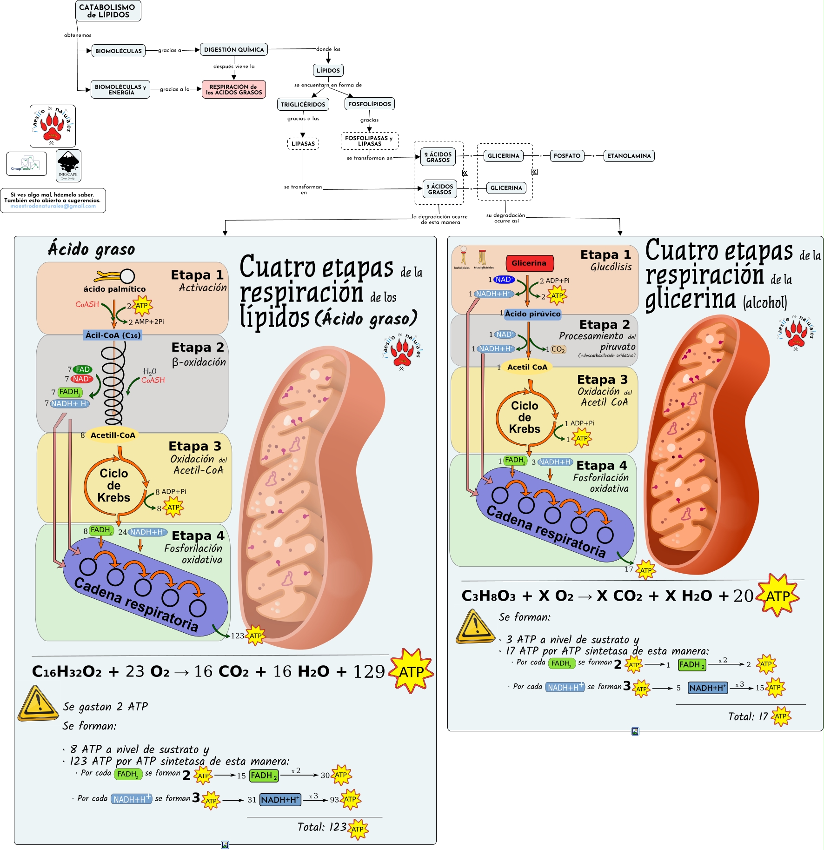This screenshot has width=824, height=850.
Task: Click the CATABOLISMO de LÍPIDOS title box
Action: pos(108,11)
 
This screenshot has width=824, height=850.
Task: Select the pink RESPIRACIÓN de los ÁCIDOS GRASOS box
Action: pos(233,89)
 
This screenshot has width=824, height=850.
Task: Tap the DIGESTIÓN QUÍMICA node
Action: pos(233,49)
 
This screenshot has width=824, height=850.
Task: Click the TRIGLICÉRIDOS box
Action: pos(303,104)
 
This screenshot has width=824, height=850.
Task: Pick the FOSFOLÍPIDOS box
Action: pos(369,104)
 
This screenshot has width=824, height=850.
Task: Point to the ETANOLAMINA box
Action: pos(629,156)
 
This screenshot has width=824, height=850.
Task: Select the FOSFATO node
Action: pos(567,156)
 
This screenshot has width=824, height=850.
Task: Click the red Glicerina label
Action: pos(529,263)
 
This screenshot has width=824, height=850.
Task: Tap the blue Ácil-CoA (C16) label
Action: pos(113,335)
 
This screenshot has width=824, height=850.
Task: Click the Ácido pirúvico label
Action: pos(532,314)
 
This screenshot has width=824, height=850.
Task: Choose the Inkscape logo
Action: pos(68,166)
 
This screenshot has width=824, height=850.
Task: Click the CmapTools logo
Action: pos(27,164)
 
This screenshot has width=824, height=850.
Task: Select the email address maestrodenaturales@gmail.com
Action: pos(53,206)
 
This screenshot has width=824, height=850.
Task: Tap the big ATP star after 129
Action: pos(411,671)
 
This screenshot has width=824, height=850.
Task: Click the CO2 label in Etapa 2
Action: pos(558,349)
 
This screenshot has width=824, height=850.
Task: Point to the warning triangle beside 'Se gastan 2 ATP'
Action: pos(38,703)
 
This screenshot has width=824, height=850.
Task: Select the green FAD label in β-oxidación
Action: pos(82,369)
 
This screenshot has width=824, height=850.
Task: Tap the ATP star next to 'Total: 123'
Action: pos(357,829)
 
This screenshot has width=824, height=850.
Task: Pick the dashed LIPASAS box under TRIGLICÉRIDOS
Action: pos(303,144)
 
